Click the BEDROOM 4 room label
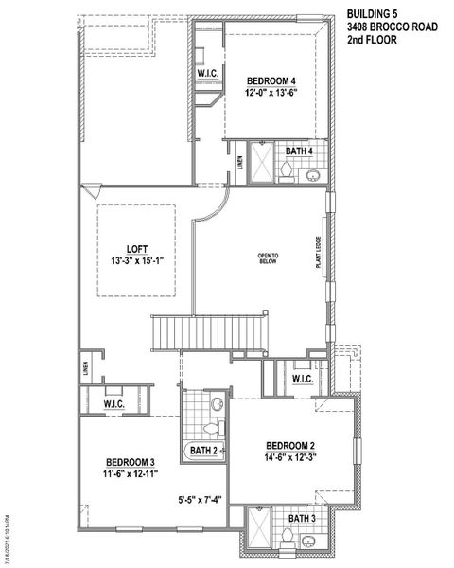[271, 80]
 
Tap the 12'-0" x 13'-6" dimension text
[271, 93]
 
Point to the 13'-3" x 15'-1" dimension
[138, 261]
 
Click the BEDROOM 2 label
[289, 445]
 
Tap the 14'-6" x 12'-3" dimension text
[289, 457]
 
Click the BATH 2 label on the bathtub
[204, 450]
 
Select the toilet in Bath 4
[285, 171]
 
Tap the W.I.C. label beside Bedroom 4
[208, 74]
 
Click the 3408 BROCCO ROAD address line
[392, 27]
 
